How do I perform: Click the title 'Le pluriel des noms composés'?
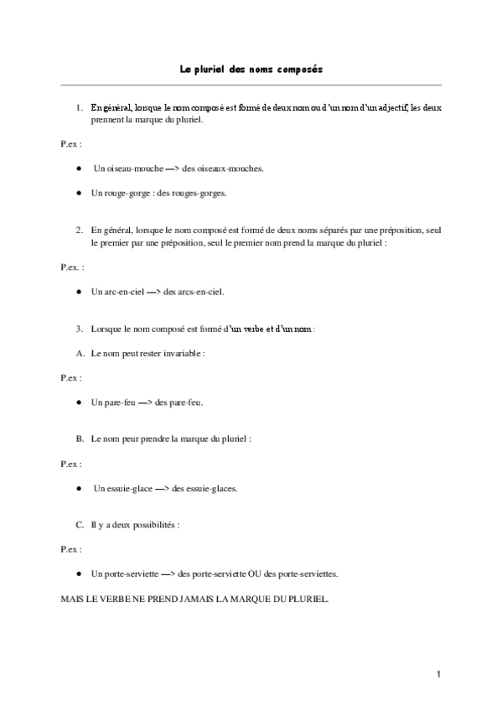click(251, 70)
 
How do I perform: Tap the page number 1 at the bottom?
click(437, 673)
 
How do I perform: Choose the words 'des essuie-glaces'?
click(204, 488)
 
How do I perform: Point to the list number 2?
click(79, 229)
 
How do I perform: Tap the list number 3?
click(79, 329)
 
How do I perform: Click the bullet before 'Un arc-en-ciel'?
click(78, 292)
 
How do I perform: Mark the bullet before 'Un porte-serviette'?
click(78, 574)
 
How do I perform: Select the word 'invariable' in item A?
click(182, 354)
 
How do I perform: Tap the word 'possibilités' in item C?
click(154, 525)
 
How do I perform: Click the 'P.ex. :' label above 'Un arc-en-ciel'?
click(72, 267)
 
